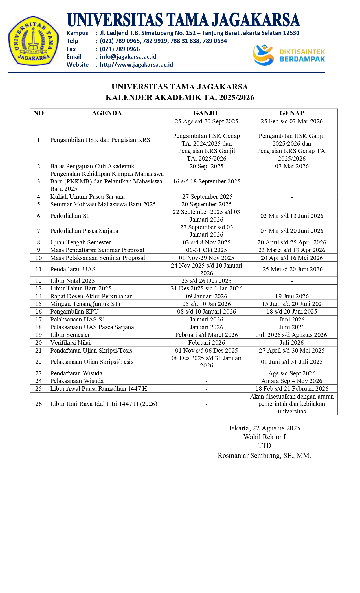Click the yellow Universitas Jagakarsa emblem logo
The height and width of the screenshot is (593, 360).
tap(34, 41)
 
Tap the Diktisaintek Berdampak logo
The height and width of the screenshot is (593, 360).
tap(289, 55)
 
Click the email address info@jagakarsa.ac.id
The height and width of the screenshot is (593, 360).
tap(128, 57)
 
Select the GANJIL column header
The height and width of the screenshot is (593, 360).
tap(206, 113)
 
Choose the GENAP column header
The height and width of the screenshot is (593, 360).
tap(291, 113)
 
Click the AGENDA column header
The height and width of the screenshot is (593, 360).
tap(107, 113)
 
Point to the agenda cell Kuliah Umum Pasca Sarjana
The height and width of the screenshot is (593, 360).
tap(87, 196)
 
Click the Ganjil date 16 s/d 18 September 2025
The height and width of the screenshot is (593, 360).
tap(207, 181)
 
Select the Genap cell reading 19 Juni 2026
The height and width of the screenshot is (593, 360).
tap(292, 296)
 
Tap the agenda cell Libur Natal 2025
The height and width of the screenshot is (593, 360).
tap(72, 281)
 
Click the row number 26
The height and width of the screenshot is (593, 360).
tap(38, 404)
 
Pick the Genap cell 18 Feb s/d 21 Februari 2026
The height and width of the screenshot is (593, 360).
tap(292, 388)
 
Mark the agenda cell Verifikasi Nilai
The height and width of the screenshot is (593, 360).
tap(70, 342)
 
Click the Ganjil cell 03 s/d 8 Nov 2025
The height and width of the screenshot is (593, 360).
tap(207, 242)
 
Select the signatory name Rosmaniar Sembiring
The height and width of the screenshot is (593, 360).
tap(264, 455)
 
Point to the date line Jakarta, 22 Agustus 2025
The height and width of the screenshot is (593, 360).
tap(264, 428)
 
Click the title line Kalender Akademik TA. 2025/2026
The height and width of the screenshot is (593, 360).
tap(180, 97)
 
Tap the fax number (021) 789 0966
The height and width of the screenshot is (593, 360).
tap(120, 49)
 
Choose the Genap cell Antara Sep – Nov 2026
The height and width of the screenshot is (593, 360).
tap(292, 381)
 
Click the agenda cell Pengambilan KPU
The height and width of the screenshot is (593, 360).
tap(74, 311)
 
